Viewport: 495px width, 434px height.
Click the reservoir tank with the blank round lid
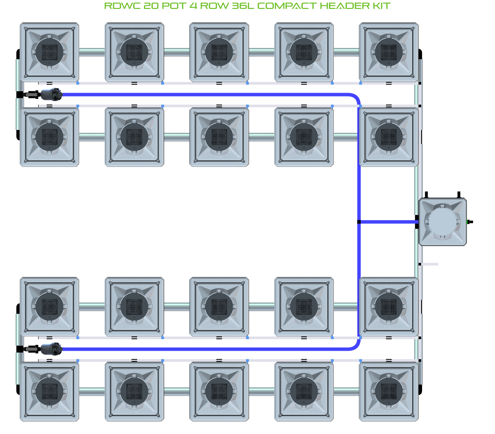point(442,222)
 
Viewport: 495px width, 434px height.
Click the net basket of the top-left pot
point(49,52)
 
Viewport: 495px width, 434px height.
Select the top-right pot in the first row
point(389,52)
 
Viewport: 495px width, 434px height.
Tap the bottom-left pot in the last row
point(49,391)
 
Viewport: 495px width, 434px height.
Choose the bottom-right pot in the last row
point(389,391)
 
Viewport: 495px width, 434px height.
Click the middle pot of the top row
point(219,52)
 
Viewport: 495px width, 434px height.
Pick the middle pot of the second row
point(219,137)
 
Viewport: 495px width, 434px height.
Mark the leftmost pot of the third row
point(49,306)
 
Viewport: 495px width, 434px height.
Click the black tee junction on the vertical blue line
point(359,222)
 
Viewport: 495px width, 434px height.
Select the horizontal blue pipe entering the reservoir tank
point(387,222)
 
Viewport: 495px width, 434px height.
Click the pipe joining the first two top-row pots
point(92,52)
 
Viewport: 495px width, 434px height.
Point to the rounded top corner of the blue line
point(355,97)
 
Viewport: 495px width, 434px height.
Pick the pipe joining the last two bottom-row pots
point(346,391)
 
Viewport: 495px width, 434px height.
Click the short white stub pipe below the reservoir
point(430,264)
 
